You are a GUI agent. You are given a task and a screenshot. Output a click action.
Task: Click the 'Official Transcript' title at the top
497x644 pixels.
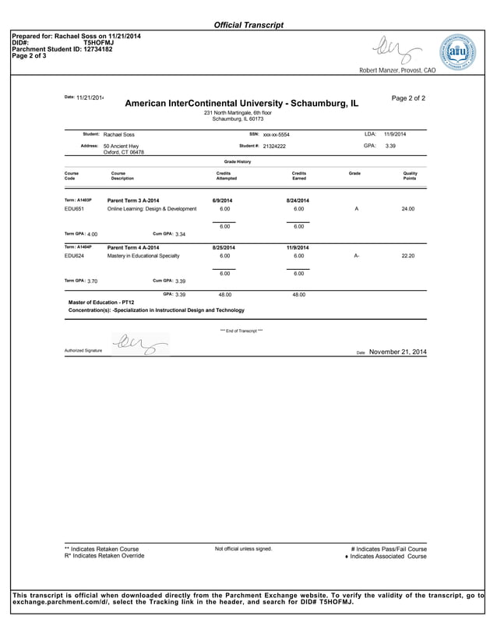point(248,25)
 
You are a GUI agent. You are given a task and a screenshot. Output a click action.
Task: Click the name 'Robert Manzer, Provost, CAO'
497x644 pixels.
point(397,71)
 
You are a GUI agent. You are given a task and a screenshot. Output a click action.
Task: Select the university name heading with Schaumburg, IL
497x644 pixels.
point(241,103)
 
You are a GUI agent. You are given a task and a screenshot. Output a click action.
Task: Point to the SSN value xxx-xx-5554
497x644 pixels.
point(276,134)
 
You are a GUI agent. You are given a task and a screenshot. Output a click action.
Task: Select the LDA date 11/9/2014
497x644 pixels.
point(395,134)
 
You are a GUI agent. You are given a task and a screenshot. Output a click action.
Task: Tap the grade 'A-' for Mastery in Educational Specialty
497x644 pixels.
point(356,256)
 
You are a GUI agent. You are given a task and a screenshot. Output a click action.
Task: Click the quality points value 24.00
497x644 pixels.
point(407,209)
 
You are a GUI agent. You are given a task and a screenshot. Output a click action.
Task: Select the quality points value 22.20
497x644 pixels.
point(407,256)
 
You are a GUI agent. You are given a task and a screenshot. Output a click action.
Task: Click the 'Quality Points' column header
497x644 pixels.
point(410,176)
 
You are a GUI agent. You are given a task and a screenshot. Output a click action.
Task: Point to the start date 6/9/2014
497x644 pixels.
point(223,200)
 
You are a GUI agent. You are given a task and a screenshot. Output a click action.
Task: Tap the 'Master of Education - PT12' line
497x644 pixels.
point(101,302)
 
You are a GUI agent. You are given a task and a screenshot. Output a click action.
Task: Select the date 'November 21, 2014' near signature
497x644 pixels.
point(397,352)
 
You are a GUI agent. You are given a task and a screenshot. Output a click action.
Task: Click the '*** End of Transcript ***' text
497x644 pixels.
point(241,331)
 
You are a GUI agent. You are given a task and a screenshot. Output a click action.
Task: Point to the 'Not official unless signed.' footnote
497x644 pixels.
point(243,549)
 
